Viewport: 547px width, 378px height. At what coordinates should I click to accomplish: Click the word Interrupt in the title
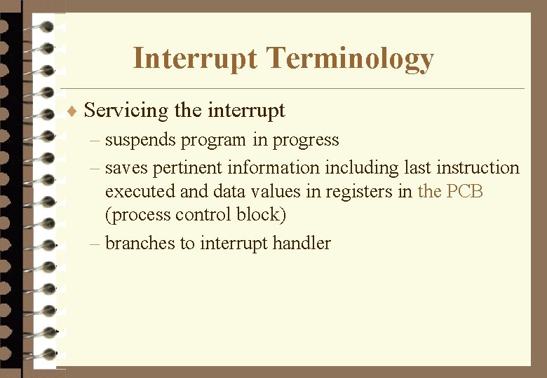[195, 59]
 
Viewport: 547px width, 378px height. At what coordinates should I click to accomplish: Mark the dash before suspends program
[95, 141]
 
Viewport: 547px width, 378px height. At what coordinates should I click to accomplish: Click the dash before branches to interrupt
[95, 244]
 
